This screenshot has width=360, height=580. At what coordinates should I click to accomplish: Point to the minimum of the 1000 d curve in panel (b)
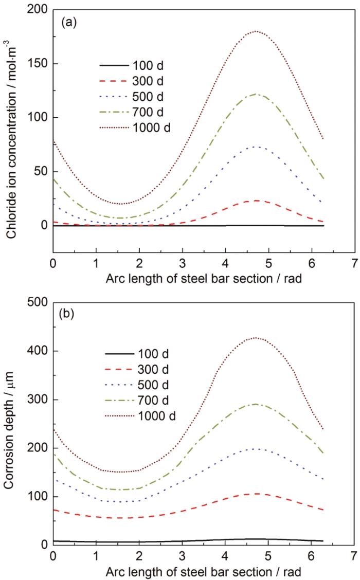[121, 472]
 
